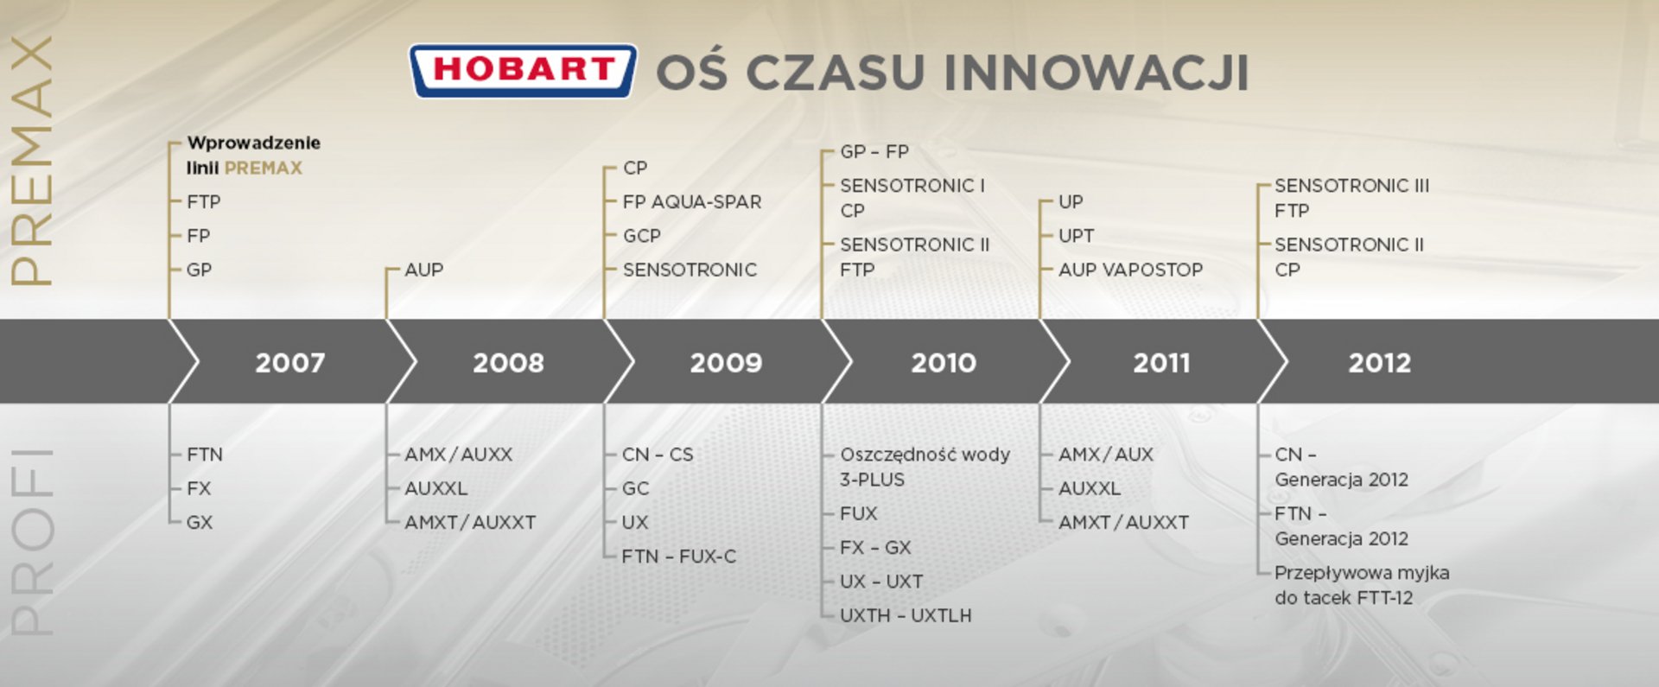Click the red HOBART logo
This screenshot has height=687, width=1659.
click(x=523, y=70)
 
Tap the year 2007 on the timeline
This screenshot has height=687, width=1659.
click(x=290, y=362)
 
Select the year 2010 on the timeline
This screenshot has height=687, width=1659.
click(x=944, y=362)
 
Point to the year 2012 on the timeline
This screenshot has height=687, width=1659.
click(x=1380, y=362)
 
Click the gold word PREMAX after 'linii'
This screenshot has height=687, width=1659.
click(x=264, y=168)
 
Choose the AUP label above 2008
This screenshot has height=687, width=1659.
click(x=423, y=270)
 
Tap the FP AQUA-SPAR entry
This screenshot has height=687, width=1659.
click(x=692, y=201)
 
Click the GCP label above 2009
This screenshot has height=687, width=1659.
click(x=642, y=236)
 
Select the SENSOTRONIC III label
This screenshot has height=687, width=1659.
click(x=1351, y=185)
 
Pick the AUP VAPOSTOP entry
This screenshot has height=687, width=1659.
click(x=1130, y=270)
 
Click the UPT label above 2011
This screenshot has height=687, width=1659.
click(x=1077, y=236)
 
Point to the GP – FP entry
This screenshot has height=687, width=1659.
click(x=874, y=151)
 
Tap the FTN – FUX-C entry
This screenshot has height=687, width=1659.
click(x=679, y=557)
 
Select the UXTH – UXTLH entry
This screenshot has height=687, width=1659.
click(x=906, y=615)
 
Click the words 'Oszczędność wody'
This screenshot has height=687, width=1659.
click(x=925, y=455)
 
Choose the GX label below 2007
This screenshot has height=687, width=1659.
click(x=200, y=522)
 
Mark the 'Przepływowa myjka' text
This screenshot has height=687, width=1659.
click(x=1362, y=573)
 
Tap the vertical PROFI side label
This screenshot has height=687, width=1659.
click(x=32, y=542)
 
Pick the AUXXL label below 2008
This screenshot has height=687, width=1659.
click(x=436, y=488)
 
